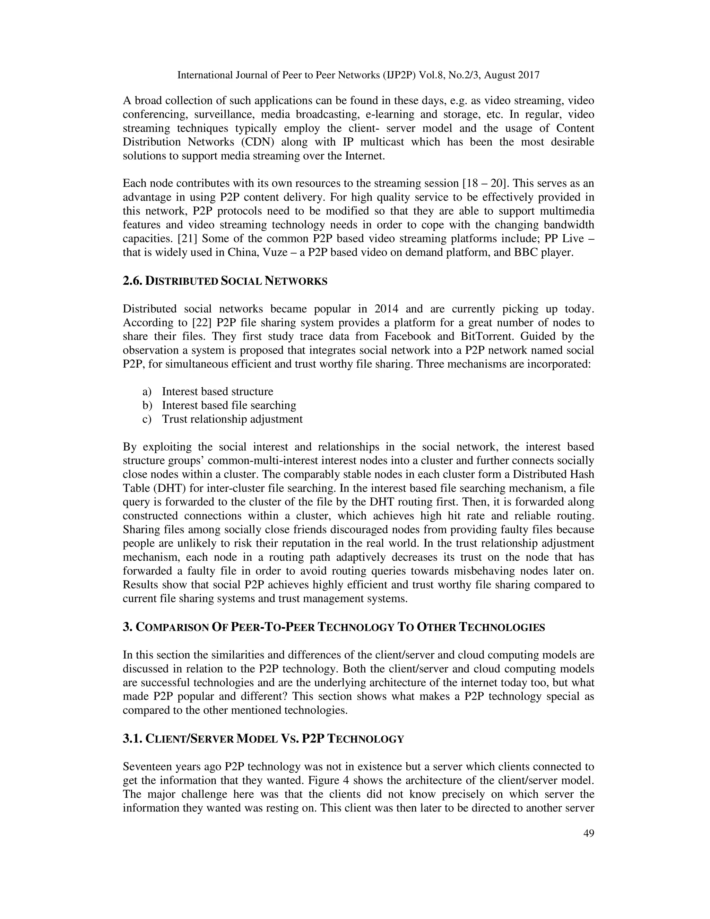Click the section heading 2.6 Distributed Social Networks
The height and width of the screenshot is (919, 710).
225,281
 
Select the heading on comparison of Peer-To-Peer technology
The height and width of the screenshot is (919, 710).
334,627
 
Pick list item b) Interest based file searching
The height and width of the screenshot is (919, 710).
229,405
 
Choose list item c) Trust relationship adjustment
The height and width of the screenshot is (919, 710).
232,419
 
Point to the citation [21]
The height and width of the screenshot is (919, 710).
186,239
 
